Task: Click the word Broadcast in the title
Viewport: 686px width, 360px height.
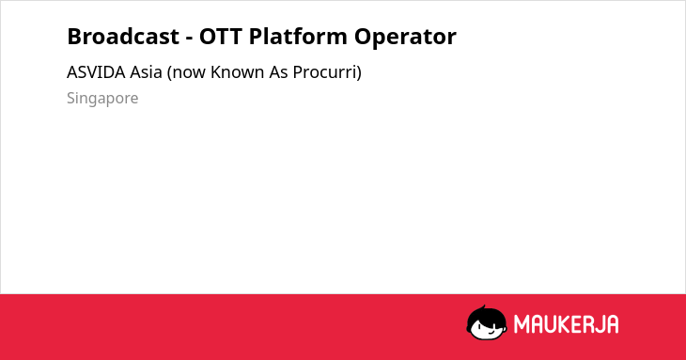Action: click(123, 37)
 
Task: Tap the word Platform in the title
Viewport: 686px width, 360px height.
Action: click(299, 37)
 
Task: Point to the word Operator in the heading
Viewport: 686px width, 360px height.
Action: click(405, 38)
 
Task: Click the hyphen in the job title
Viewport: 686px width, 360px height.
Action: click(189, 39)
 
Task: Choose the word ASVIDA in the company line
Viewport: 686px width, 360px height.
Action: click(96, 72)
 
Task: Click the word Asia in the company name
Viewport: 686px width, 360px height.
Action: click(146, 72)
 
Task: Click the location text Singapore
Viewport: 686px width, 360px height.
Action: click(102, 99)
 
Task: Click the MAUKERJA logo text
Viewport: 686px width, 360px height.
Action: click(566, 324)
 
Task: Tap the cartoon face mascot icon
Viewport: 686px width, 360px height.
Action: click(487, 322)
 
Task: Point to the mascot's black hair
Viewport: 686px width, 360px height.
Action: click(486, 315)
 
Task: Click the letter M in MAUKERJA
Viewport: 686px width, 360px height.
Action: click(521, 324)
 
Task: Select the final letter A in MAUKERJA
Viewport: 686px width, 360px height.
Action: click(613, 324)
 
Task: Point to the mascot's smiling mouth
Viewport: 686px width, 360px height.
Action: click(491, 333)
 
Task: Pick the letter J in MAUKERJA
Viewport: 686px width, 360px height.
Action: click(600, 324)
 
